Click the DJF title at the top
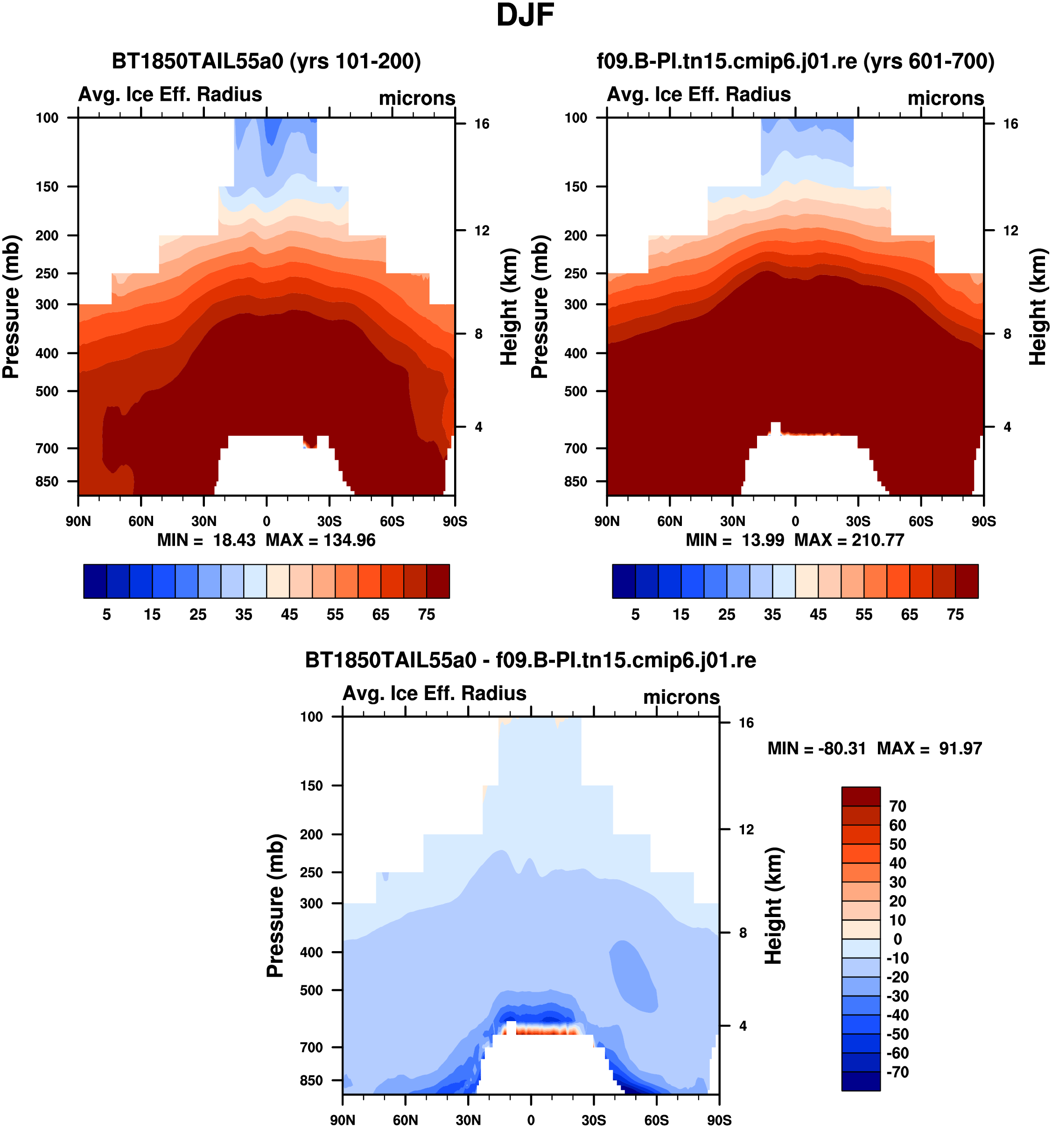[525, 15]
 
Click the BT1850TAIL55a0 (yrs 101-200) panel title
[266, 61]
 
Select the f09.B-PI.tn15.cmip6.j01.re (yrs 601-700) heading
[795, 61]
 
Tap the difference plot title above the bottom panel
[531, 660]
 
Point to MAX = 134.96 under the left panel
[321, 540]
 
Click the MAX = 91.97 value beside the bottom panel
[929, 749]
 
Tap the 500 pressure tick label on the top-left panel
[47, 392]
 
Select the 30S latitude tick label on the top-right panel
[858, 521]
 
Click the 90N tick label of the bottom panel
[343, 1120]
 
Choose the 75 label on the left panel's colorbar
[427, 615]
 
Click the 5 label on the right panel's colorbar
[636, 615]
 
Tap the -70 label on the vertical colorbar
[898, 1072]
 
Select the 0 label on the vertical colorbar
[898, 939]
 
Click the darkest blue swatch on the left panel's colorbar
[95, 581]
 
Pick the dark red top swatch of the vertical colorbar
[861, 797]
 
